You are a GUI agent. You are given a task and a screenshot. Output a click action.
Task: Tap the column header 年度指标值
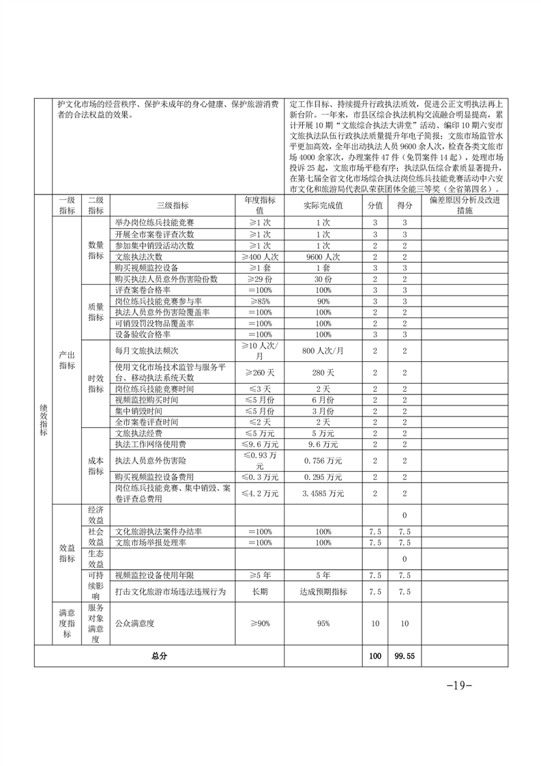[259, 205]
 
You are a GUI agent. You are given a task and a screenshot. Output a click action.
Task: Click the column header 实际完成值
[323, 205]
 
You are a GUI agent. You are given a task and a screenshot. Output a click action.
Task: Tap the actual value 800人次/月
[323, 351]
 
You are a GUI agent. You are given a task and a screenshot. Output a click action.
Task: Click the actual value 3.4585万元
[323, 493]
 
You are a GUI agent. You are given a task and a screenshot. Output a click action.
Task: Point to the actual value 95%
[323, 623]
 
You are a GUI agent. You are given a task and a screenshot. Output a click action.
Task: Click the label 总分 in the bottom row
[159, 655]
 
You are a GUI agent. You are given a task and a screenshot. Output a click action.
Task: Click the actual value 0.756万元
[323, 460]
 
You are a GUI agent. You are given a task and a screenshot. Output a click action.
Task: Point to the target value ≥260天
[259, 373]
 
